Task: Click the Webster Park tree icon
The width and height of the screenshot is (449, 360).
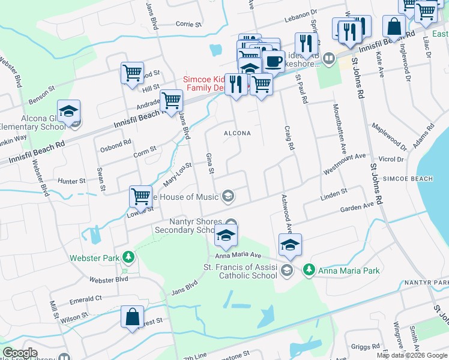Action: coord(127,257)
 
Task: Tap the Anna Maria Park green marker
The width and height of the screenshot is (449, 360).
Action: coord(309,270)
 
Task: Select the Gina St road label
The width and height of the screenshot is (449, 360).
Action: coord(210,163)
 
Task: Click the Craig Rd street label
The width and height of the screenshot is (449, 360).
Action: coord(291,138)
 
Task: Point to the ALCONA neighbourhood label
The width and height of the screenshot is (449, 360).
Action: coord(237,133)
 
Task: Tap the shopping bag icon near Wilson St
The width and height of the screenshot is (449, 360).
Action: coord(132,317)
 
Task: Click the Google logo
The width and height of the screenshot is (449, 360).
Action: coord(20,353)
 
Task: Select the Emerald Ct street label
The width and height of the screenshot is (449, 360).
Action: coord(85,298)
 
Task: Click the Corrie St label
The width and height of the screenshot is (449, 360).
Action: coord(188,25)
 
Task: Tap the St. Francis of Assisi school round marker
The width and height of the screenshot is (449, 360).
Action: coord(286,271)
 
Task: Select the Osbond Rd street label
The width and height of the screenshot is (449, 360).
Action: coord(115,143)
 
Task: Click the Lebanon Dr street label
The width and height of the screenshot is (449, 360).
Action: coord(300,13)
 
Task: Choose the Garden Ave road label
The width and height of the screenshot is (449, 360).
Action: coord(357,206)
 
